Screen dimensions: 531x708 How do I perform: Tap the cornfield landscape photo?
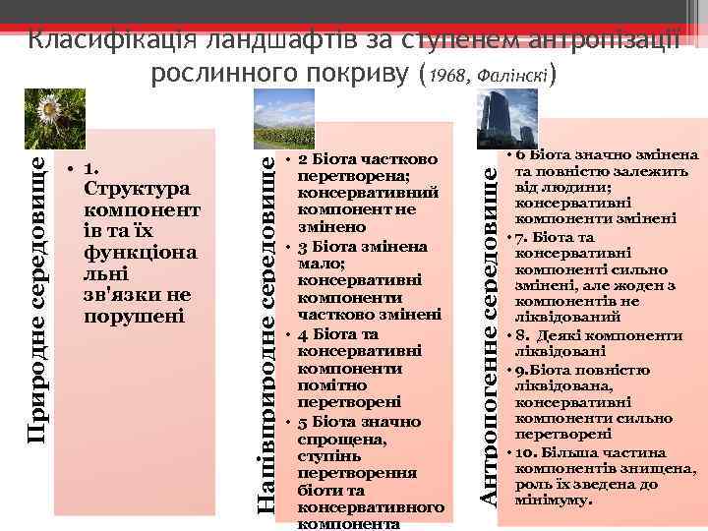283,120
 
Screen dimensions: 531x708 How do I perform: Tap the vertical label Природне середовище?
37,295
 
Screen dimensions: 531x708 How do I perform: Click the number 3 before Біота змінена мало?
304,245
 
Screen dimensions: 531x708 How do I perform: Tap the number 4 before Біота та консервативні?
303,333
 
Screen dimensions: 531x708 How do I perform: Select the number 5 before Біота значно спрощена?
303,422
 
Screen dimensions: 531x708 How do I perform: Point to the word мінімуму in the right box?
558,499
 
